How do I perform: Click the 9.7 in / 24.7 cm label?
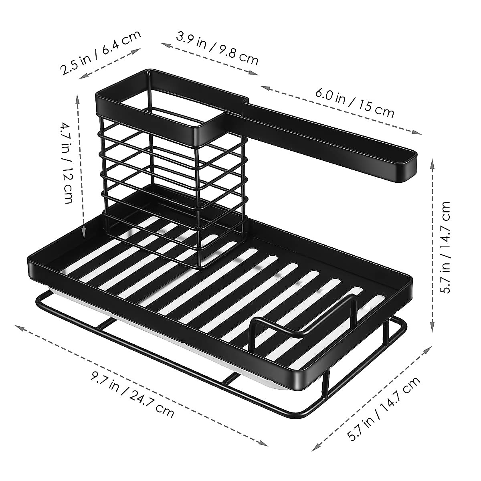pos(133,395)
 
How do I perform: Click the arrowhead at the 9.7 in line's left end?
pos(18,327)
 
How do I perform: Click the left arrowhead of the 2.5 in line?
pos(80,77)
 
